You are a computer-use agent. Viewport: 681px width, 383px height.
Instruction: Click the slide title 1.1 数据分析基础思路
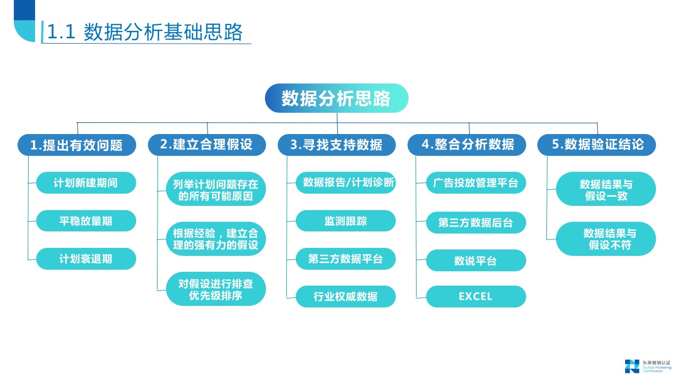(x=145, y=32)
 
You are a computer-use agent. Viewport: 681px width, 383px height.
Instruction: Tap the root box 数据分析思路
(x=336, y=98)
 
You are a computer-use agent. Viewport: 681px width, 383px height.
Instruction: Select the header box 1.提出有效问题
(x=77, y=145)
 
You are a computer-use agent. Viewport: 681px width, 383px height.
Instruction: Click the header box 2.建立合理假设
(x=206, y=145)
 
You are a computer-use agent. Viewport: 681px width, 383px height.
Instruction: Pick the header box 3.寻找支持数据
(x=337, y=145)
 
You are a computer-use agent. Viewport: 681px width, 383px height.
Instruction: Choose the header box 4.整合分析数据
(x=467, y=145)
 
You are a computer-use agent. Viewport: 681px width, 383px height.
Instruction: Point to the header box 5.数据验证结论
(x=596, y=145)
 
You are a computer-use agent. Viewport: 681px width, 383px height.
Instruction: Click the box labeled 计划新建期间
(x=86, y=183)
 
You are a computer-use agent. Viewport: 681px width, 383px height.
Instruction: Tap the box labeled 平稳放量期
(x=86, y=221)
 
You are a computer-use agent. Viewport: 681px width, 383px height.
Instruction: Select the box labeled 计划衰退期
(x=86, y=259)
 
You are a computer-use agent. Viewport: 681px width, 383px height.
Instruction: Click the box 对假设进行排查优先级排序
(x=215, y=289)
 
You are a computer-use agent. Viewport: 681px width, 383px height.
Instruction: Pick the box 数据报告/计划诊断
(x=346, y=183)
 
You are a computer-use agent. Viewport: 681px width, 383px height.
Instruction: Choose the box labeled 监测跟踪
(x=346, y=221)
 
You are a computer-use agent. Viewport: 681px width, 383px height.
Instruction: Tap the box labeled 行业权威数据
(x=346, y=297)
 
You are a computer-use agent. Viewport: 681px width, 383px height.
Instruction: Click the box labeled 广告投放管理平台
(x=476, y=183)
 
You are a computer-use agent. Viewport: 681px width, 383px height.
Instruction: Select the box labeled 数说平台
(x=476, y=261)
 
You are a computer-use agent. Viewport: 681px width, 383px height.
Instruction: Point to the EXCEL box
(x=476, y=297)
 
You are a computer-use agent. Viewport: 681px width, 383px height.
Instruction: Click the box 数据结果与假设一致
(x=606, y=189)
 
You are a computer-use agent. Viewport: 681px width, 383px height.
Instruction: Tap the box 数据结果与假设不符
(x=606, y=239)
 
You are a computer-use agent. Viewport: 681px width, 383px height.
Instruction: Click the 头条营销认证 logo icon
(x=632, y=366)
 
